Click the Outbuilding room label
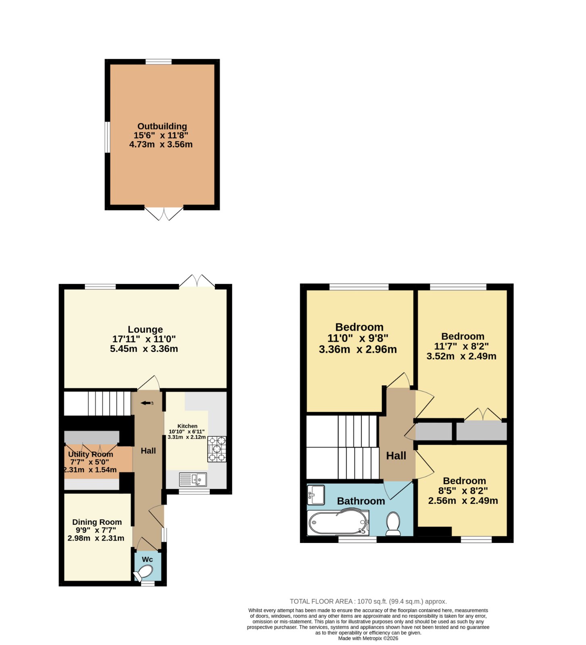pyautogui.click(x=162, y=126)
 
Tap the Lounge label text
pyautogui.click(x=145, y=329)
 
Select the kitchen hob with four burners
pyautogui.click(x=217, y=449)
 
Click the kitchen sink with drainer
pyautogui.click(x=193, y=479)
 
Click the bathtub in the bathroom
pyautogui.click(x=338, y=523)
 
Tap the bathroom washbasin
pyautogui.click(x=316, y=495)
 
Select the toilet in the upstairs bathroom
pyautogui.click(x=393, y=524)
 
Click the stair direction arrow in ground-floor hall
pyautogui.click(x=146, y=403)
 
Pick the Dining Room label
pyautogui.click(x=97, y=522)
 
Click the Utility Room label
pyautogui.click(x=91, y=454)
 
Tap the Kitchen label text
pyautogui.click(x=188, y=426)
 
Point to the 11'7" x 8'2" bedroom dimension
pyautogui.click(x=461, y=346)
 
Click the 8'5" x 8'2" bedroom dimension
pyautogui.click(x=463, y=491)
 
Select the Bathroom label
pyautogui.click(x=361, y=501)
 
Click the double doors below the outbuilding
pyautogui.click(x=164, y=214)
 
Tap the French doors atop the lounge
pyautogui.click(x=197, y=281)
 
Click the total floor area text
pyautogui.click(x=368, y=601)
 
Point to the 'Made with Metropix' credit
pyautogui.click(x=368, y=638)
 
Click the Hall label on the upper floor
pyautogui.click(x=396, y=456)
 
